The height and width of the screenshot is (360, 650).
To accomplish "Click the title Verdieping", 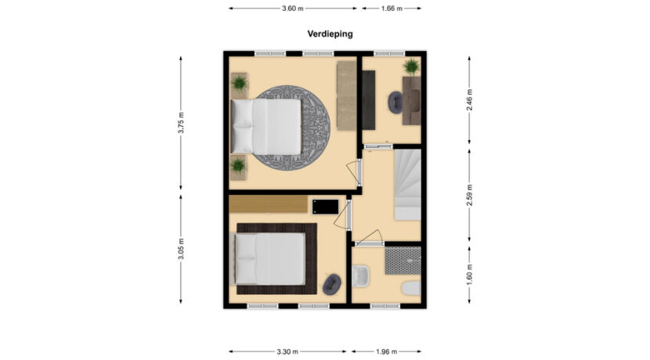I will click(330, 34).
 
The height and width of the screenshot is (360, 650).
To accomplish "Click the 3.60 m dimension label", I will click(292, 9).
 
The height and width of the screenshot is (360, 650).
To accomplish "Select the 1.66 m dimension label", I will click(391, 9).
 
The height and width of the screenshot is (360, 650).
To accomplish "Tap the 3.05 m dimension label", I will click(181, 249).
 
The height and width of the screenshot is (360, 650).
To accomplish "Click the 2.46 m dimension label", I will click(469, 100).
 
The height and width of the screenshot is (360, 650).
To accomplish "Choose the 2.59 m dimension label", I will click(469, 193).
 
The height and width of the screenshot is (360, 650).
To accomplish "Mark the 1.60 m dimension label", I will click(469, 275).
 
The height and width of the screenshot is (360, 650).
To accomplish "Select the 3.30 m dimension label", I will click(287, 351).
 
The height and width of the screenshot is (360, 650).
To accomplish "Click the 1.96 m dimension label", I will click(388, 351).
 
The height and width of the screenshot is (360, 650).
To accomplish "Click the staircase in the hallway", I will click(406, 185).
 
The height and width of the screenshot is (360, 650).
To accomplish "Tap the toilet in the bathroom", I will click(411, 289).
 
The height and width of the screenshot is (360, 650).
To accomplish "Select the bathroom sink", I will click(361, 276).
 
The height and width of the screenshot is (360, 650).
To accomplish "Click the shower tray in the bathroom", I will click(403, 261).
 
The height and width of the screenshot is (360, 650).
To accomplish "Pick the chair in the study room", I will click(396, 103).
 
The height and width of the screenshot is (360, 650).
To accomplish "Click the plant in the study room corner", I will click(410, 66).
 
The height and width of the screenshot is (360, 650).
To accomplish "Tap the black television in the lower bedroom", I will click(325, 205).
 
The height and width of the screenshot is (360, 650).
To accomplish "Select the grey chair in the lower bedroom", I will click(332, 284).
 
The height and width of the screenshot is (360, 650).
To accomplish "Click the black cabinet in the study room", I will click(368, 100).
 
